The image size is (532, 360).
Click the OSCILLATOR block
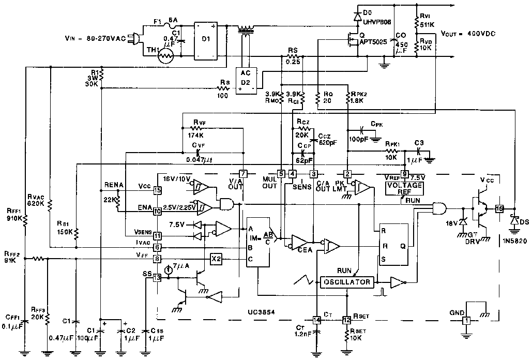347,282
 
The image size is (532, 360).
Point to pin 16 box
499,209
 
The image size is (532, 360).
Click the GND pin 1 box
465,321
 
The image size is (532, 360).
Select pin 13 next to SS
157,278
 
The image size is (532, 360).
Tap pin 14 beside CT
316,320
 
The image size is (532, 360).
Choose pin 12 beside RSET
346,320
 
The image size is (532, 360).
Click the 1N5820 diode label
509,241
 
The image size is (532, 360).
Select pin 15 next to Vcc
157,190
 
